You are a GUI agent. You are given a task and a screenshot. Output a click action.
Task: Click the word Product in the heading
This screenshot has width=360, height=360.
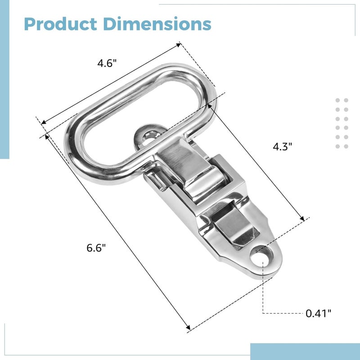click(60, 24)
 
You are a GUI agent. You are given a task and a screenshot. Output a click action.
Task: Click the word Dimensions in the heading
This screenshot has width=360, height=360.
click(157, 23)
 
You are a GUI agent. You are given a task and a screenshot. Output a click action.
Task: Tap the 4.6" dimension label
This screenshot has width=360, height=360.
click(107, 63)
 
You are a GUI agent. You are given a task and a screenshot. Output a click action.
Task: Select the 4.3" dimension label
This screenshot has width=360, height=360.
click(283, 147)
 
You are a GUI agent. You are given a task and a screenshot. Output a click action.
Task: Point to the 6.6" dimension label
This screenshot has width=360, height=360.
click(96, 248)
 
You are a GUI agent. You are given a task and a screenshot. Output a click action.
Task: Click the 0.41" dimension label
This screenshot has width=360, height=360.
click(319, 313)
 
